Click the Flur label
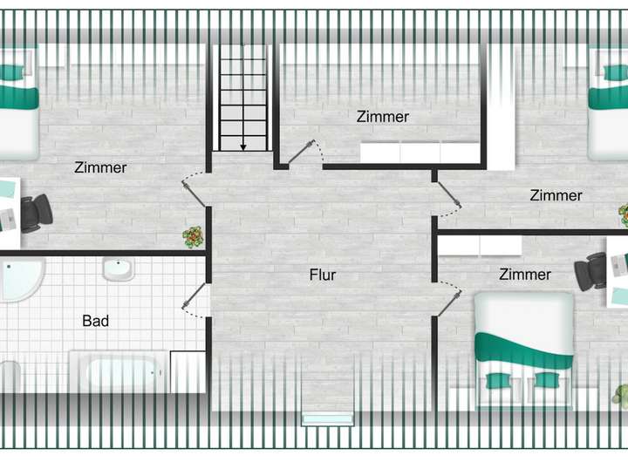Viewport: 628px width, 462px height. pos(323,275)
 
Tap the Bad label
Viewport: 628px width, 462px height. pos(96,322)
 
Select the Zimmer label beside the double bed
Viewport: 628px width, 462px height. pos(525,275)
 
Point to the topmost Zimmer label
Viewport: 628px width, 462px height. pos(383,117)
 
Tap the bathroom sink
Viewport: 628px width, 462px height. pos(118,268)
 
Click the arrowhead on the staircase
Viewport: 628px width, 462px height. pos(243,146)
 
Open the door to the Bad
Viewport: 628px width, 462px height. pos(195,297)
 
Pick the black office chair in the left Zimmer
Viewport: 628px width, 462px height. pos(35,213)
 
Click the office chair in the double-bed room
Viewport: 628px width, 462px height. pos(592,270)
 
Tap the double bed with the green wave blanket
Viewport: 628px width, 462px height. pos(523,349)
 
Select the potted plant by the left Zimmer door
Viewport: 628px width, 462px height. pos(193,236)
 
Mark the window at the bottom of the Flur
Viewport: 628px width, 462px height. pos(327,419)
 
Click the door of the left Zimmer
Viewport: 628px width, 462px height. pos(195,189)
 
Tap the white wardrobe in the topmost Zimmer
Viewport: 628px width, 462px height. pos(420,153)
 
